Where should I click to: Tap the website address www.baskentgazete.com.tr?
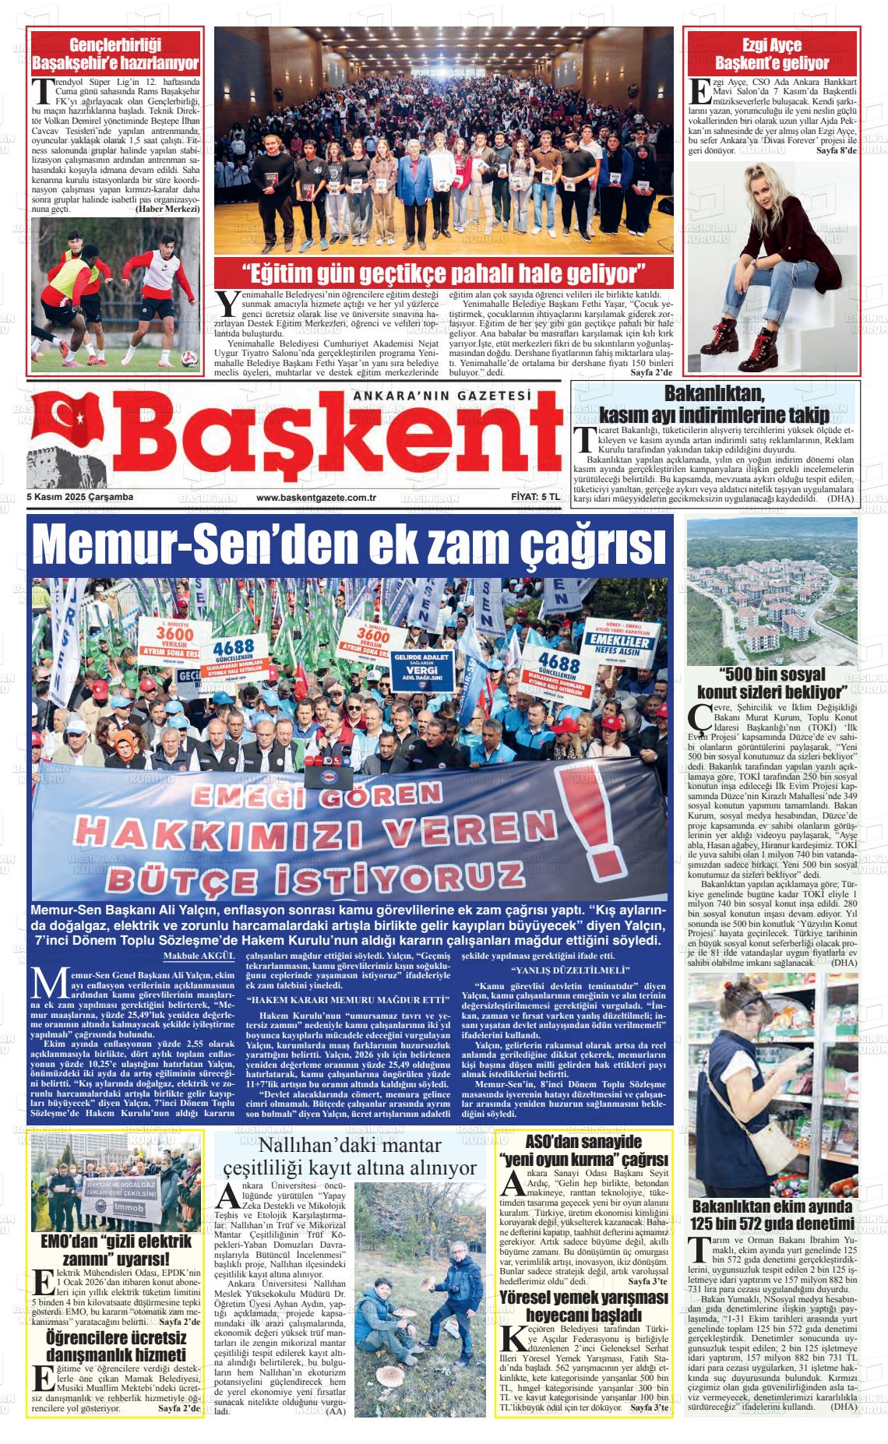316,498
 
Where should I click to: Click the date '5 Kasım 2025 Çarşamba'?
80,498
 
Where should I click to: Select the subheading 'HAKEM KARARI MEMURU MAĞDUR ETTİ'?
348,999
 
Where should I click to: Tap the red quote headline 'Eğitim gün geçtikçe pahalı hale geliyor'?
444,273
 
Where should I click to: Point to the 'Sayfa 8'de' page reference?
835,150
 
